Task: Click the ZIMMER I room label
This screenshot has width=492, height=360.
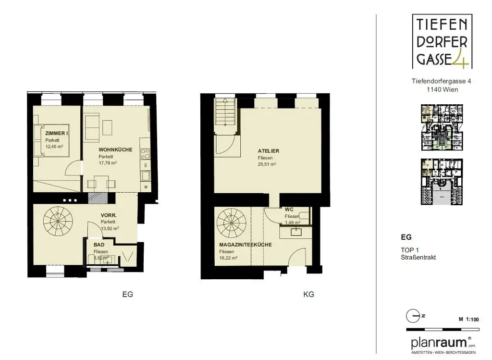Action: tap(56, 133)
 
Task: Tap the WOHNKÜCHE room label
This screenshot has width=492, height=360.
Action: tap(115, 150)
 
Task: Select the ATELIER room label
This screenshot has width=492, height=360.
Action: tap(269, 151)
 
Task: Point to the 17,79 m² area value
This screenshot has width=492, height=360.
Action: tap(108, 163)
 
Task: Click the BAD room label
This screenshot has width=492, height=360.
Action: tap(99, 245)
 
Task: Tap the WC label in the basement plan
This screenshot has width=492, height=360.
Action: tap(289, 210)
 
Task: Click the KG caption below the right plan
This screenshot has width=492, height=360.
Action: tap(308, 294)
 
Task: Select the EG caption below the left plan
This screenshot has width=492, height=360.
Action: tap(127, 294)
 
